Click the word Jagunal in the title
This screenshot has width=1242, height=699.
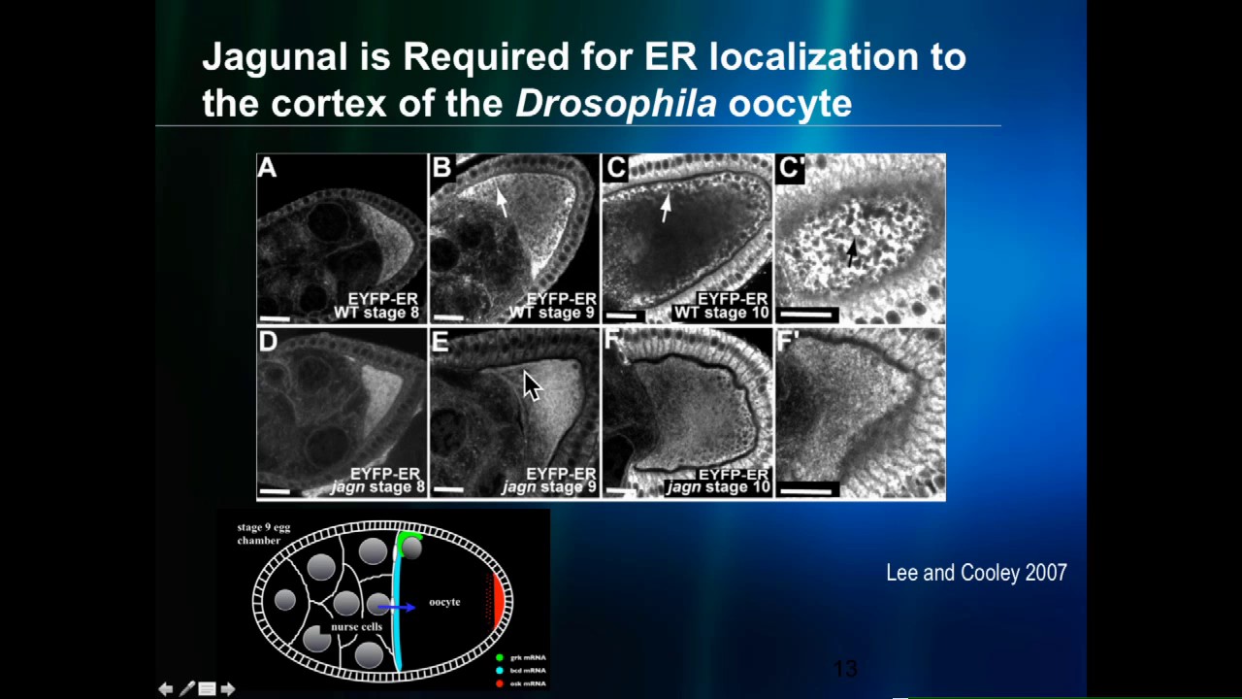coord(275,57)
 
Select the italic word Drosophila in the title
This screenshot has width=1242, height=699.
coord(615,104)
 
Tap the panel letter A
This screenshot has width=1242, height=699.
coord(267,169)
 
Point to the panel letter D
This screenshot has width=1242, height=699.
coord(268,342)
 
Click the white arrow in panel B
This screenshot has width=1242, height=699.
coord(501,200)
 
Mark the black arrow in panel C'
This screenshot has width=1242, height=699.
coord(851,252)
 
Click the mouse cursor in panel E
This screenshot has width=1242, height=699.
coord(532,384)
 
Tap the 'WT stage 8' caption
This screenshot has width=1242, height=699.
coord(376,313)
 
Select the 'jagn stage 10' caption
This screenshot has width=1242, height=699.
coord(717,487)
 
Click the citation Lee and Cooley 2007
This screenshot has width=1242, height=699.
coord(976,573)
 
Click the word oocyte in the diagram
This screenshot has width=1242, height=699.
coord(444,602)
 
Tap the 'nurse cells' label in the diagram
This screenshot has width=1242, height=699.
coord(356,627)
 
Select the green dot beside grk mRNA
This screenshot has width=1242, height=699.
coord(500,658)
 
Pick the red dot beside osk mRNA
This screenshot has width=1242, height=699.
coord(500,683)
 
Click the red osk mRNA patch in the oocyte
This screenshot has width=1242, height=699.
coord(499,600)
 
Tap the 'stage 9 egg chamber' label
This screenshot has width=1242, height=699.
coord(263,534)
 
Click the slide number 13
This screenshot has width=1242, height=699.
coord(845,669)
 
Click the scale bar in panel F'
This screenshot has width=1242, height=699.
coord(805,491)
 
